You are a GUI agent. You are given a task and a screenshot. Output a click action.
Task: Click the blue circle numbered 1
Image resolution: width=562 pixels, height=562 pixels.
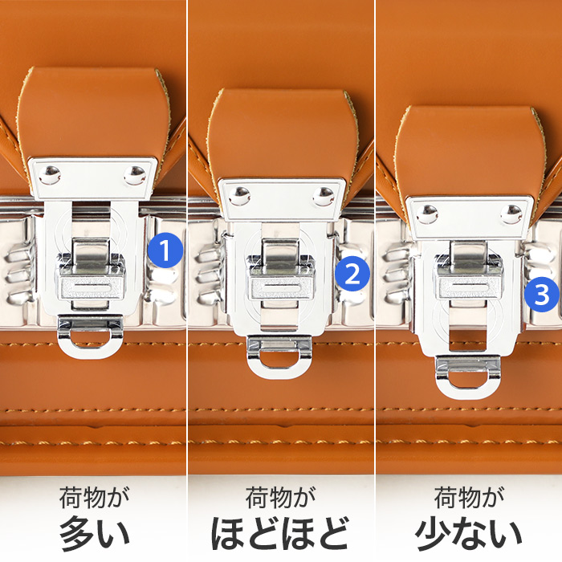(x=165, y=250)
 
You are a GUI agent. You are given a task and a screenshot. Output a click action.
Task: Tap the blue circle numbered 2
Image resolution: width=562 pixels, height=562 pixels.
(x=352, y=275)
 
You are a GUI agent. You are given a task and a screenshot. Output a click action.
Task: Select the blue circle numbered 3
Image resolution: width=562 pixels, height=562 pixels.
(x=542, y=295)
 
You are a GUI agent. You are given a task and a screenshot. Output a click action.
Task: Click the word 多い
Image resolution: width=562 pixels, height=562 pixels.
(x=94, y=533)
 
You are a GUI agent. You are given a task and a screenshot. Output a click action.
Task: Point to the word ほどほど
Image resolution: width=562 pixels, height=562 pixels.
(x=280, y=533)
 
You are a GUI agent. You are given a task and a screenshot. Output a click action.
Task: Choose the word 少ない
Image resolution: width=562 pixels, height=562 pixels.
(x=468, y=533)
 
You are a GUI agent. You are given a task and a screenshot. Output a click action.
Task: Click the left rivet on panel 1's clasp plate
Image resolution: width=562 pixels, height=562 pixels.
(x=50, y=175)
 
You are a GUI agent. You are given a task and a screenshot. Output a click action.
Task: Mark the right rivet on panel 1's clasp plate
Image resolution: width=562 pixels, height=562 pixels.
(x=135, y=175)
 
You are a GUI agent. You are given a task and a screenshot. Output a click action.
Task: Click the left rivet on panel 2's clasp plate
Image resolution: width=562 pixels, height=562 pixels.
(x=239, y=196)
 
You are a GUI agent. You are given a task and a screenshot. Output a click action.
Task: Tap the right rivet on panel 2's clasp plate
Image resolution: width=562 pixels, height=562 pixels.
(x=324, y=196)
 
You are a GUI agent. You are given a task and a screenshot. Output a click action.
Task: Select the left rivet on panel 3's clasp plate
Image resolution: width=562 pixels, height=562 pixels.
(x=427, y=214)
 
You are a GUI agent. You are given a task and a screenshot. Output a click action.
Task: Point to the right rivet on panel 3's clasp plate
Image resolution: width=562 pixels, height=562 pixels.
(x=511, y=214)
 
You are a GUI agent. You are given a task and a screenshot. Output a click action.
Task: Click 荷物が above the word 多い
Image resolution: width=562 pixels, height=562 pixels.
(x=94, y=498)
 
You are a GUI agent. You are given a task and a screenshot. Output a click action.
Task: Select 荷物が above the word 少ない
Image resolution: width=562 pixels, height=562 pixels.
(x=469, y=498)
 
